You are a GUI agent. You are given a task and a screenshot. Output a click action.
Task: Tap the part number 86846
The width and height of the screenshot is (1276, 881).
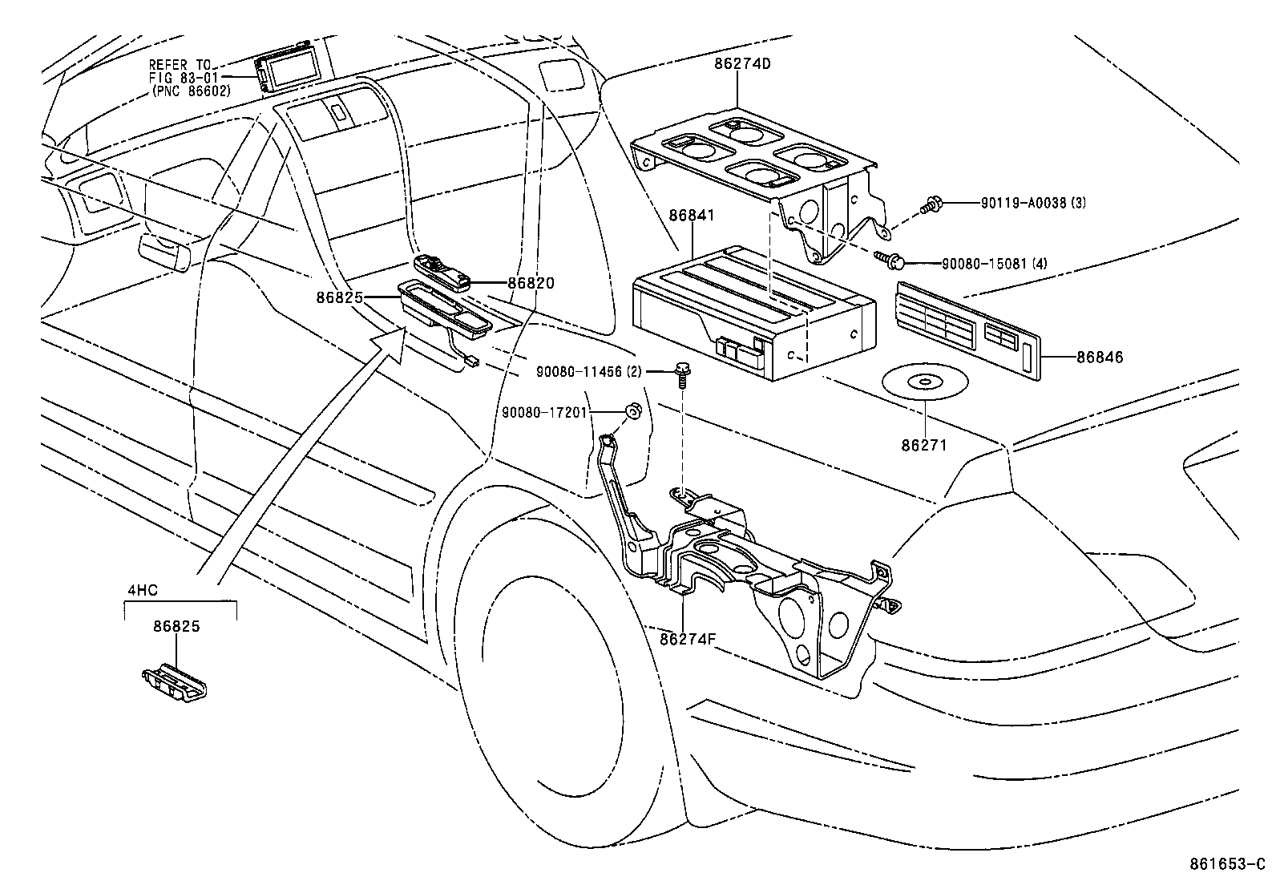click(1100, 358)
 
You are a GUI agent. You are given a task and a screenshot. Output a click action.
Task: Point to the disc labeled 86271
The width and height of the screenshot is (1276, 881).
click(926, 382)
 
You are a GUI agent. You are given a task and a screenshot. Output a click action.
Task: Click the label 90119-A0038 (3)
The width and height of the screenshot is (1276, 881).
click(1033, 204)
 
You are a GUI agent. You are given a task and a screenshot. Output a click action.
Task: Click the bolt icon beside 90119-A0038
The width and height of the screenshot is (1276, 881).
click(931, 204)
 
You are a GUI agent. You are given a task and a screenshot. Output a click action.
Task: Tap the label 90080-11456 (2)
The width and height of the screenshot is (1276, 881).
click(588, 371)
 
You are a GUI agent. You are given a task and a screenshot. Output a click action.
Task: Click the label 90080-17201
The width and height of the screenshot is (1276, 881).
click(545, 412)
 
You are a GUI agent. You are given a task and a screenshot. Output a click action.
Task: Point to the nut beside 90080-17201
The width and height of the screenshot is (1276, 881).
click(632, 412)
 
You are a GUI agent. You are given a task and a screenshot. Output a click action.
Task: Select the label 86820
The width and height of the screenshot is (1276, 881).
click(531, 283)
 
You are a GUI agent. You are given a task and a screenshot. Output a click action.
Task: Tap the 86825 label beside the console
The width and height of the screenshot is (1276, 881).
click(339, 297)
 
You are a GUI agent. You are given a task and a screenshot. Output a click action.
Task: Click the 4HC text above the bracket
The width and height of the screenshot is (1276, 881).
click(143, 590)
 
